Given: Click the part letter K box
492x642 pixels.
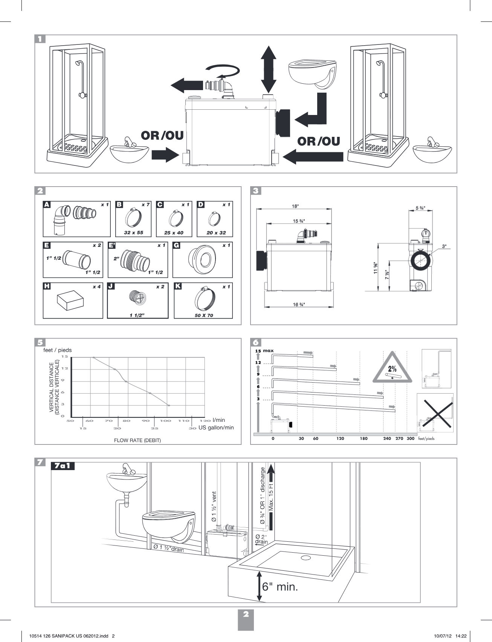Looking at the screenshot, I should pos(178,286).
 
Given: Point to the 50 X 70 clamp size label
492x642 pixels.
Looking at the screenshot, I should pos(204,315).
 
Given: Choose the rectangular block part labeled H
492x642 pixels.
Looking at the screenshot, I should pos(70,302).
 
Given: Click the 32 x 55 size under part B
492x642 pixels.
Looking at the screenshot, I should pos(133,233).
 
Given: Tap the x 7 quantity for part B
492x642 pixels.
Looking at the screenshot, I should pos(145,205).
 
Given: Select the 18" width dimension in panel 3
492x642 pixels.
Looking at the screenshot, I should pos(295,206).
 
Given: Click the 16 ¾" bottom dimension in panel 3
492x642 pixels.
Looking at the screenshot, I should pos(299,304).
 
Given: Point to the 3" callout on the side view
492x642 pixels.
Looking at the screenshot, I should pos(444,246).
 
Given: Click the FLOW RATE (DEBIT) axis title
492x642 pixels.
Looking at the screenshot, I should pos(138,440).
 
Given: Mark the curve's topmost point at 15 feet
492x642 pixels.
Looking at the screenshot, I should pos(93,357).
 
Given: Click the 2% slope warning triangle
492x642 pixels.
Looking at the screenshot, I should pos(392,368).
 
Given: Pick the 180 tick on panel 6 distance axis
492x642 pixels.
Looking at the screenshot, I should pos(364,438).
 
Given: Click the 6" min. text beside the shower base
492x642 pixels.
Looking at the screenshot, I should pos(280,587).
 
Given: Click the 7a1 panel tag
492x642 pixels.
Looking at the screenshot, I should pos(63,466).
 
